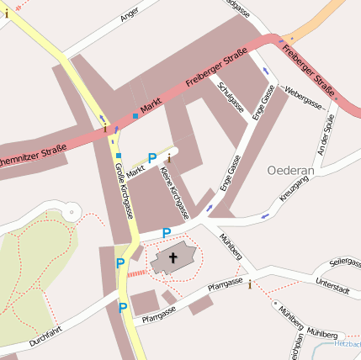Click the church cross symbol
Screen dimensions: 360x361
point(174,257)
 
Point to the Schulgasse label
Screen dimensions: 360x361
point(230,98)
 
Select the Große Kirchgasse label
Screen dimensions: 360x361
point(124,190)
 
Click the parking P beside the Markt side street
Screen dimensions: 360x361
point(152,157)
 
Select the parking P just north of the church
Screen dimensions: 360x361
point(166,232)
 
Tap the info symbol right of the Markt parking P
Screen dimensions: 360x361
point(169,157)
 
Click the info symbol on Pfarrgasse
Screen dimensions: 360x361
point(249,284)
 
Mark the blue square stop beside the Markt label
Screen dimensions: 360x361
point(135,115)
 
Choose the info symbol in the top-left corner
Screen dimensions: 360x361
point(7,13)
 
